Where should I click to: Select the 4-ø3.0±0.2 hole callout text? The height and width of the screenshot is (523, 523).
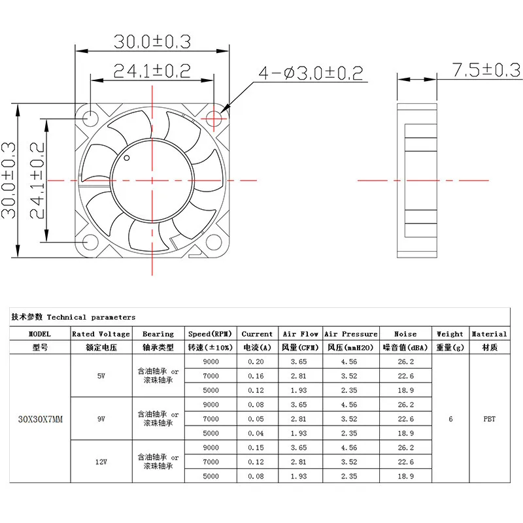(311, 73)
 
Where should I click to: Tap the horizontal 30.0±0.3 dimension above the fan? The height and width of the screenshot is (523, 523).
(152, 41)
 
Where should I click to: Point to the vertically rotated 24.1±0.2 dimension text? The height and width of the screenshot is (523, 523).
(37, 180)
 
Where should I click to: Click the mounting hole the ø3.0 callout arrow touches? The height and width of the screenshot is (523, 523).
(215, 118)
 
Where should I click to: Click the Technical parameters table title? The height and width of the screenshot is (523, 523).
(73, 317)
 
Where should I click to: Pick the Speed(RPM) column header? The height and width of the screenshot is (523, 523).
(211, 333)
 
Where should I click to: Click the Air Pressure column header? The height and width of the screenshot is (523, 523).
(351, 333)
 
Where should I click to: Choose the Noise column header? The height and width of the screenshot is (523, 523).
(405, 333)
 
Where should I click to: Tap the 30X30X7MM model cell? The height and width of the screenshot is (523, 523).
(40, 419)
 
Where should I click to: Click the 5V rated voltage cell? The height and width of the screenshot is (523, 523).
(101, 375)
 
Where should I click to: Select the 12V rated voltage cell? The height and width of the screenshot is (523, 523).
(101, 462)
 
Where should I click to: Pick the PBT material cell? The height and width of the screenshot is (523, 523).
(489, 419)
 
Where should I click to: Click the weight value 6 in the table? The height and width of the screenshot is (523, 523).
(450, 419)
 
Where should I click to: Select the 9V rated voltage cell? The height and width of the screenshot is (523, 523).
(101, 419)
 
